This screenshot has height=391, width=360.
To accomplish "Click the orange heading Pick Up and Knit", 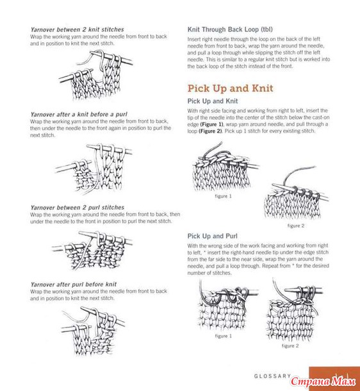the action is point(230,88).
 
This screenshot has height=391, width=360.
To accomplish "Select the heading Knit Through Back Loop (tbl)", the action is point(230,29).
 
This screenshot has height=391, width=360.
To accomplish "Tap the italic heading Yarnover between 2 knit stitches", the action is point(77,29).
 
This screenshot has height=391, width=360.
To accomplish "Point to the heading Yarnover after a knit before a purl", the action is point(79,115).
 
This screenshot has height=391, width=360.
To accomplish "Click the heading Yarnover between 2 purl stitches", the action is point(78,208).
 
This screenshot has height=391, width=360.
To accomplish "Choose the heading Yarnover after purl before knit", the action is point(74,284).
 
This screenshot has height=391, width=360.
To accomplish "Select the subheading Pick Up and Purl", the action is point(212,236).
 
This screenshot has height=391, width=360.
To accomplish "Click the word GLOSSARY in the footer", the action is point(272,376).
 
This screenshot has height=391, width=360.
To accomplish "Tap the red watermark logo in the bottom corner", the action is point(323,381).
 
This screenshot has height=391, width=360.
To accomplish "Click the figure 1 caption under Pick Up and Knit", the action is point(223,196).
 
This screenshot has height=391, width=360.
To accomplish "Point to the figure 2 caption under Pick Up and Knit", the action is point(296,226).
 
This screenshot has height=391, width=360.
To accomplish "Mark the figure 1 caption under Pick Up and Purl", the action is point(223,336).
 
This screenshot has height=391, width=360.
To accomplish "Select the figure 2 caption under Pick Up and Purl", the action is point(290,346).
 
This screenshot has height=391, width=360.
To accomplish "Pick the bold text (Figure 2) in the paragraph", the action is point(210,131).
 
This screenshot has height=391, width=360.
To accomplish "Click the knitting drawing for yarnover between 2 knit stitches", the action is point(95,74).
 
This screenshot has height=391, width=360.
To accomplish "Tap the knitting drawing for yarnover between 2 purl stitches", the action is point(92,251).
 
